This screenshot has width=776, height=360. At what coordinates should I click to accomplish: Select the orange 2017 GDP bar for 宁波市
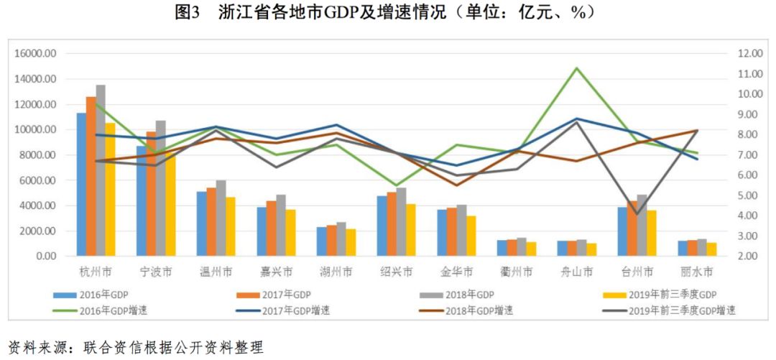pos(151,194)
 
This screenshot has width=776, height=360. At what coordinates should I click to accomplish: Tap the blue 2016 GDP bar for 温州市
pos(201,223)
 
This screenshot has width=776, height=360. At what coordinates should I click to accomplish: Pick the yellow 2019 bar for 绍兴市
pos(410,230)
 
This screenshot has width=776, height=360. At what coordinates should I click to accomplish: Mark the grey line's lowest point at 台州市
pos(636,214)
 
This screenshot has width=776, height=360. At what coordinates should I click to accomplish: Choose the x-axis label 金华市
pos(456,272)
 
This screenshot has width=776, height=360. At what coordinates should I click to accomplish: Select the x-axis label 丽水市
pos(696,272)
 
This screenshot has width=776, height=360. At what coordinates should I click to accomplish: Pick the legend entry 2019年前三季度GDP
pos(671,295)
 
